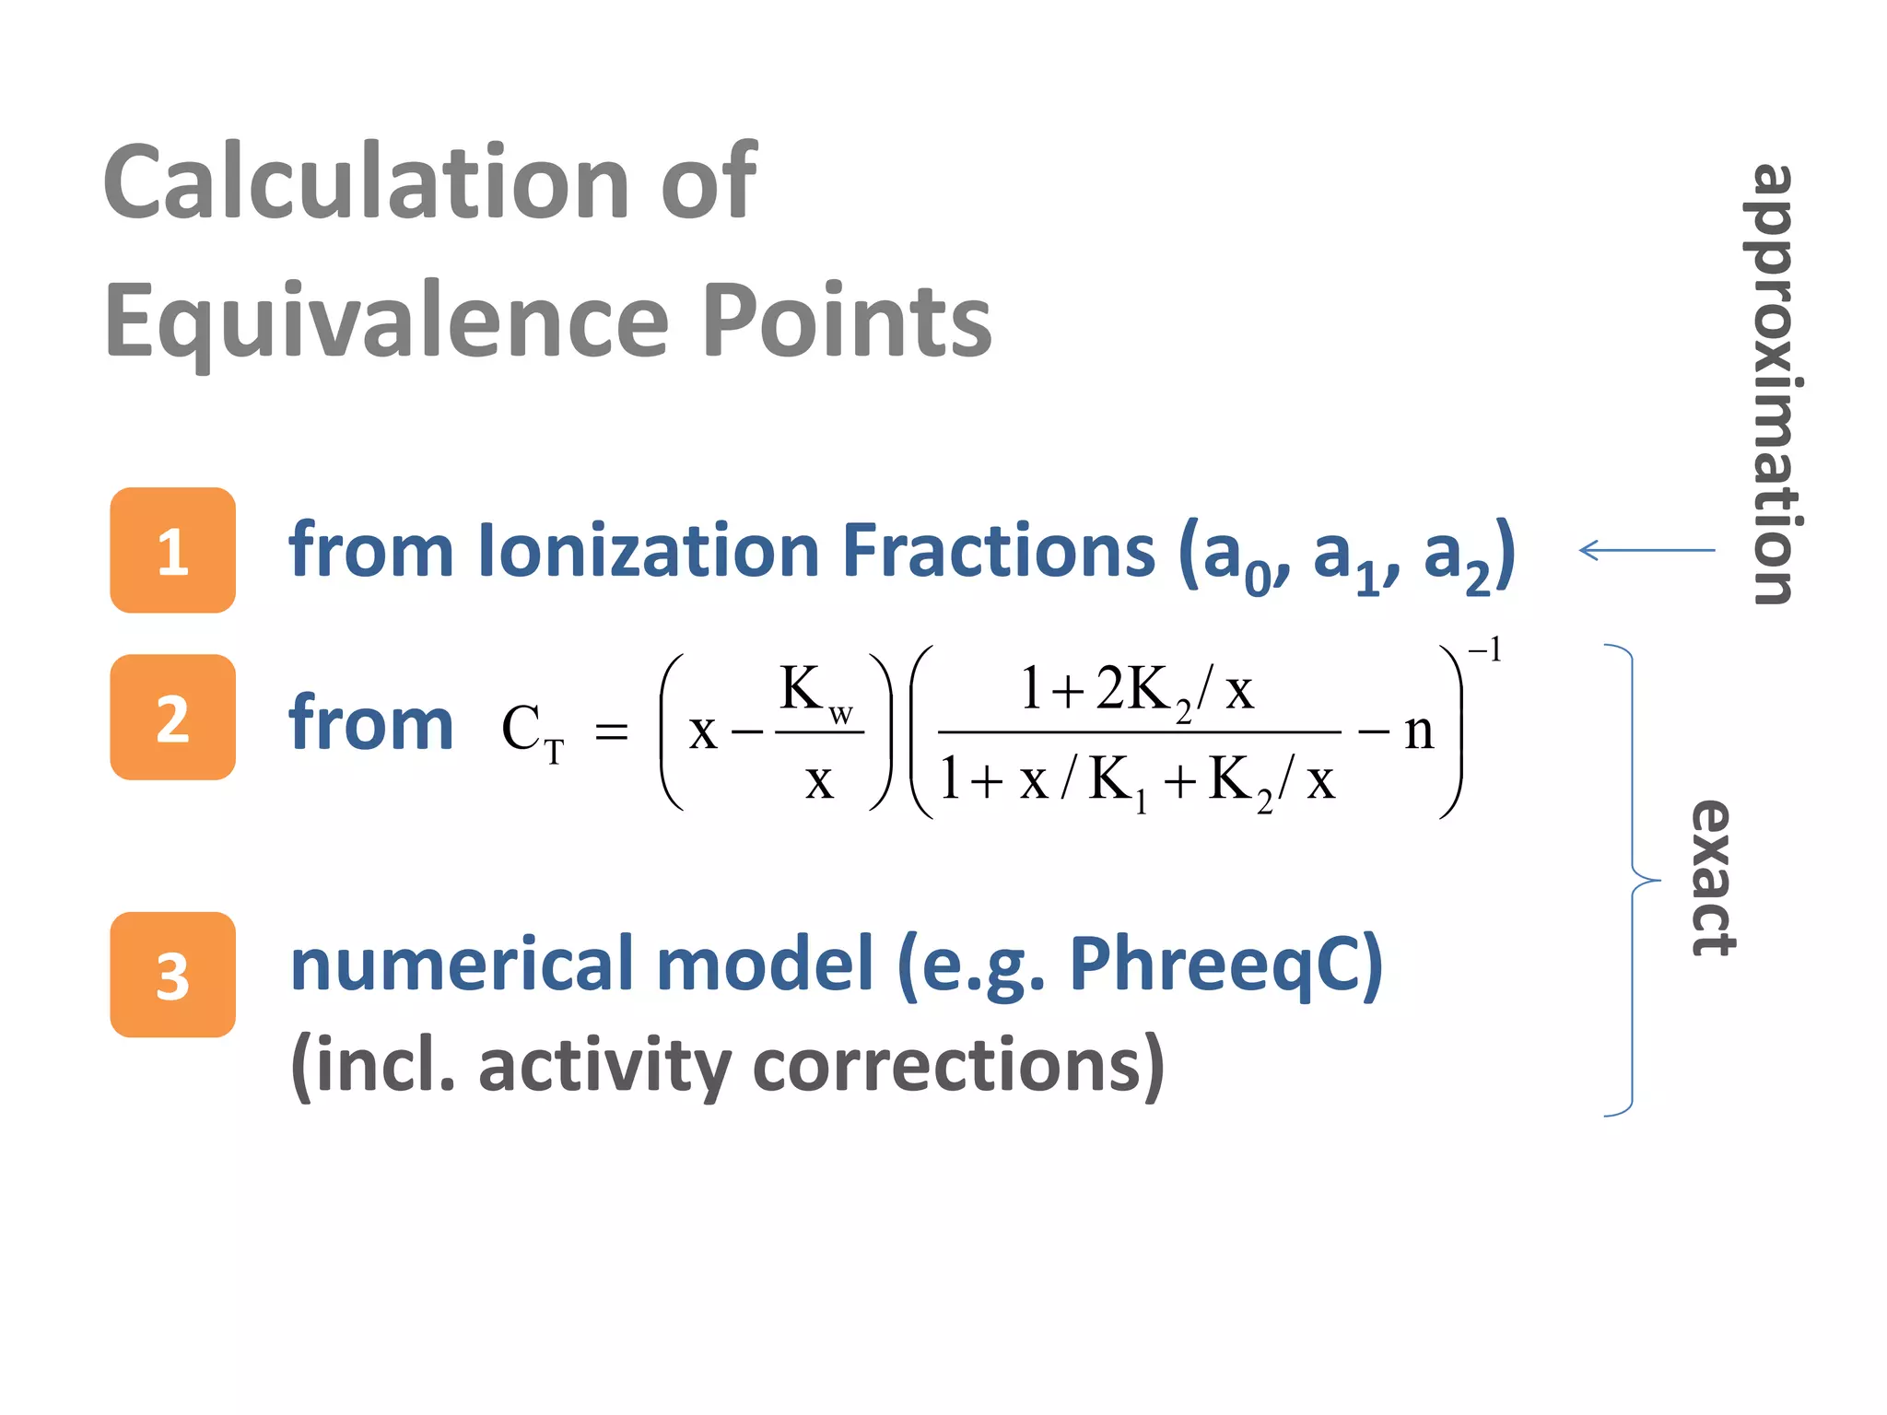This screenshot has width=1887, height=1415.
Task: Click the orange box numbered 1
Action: pos(172,550)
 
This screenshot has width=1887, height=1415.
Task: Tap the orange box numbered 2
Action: pos(172,718)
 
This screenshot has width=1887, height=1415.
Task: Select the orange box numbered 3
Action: pos(172,975)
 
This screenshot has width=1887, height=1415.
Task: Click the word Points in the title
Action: pos(846,321)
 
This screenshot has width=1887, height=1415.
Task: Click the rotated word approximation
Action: pos(1771,384)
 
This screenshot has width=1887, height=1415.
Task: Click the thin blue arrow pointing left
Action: pos(1647,551)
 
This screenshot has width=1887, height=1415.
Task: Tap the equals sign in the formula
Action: pos(611,732)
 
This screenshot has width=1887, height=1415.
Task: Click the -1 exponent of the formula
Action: pos(1485,650)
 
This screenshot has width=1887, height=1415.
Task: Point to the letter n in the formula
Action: pos(1419,732)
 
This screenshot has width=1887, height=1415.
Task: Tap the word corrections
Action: pos(959,1066)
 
